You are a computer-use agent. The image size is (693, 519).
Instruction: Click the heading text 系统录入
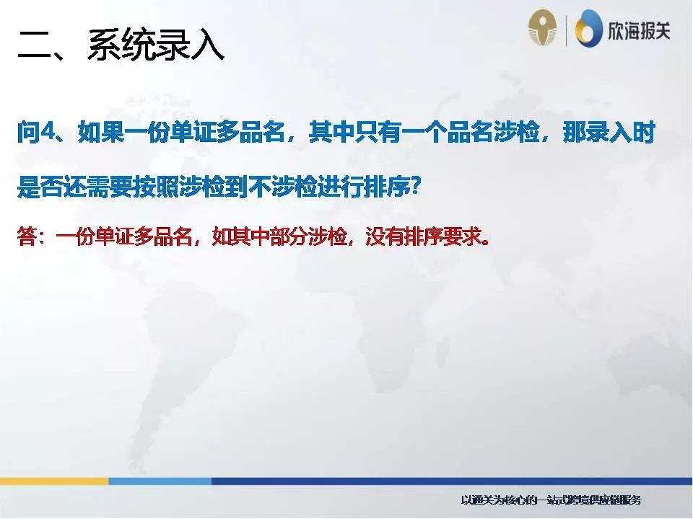[x=155, y=45]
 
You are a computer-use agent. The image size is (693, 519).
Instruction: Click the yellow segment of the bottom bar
[x=54, y=481]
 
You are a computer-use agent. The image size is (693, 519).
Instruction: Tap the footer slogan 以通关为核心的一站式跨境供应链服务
[x=551, y=500]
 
